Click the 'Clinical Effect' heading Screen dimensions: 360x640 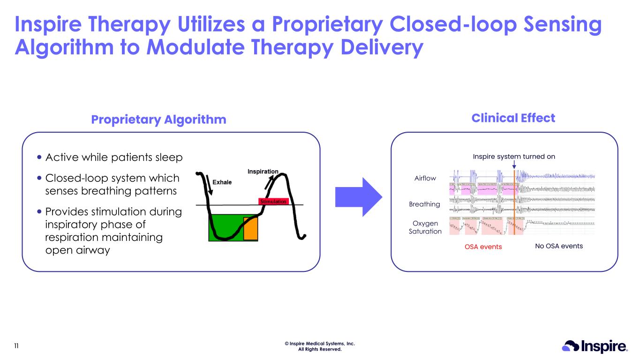(x=513, y=118)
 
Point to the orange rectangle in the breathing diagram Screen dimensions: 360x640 (x=250, y=228)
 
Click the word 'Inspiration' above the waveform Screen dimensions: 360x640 (x=263, y=172)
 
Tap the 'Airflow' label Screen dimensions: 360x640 (x=426, y=178)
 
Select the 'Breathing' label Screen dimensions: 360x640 (x=424, y=204)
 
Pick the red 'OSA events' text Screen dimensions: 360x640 (x=483, y=247)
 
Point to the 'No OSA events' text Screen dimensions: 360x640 (x=558, y=246)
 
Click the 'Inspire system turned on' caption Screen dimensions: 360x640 (x=514, y=157)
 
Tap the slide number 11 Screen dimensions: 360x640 (x=16, y=346)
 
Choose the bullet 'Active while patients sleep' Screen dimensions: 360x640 (x=114, y=157)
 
